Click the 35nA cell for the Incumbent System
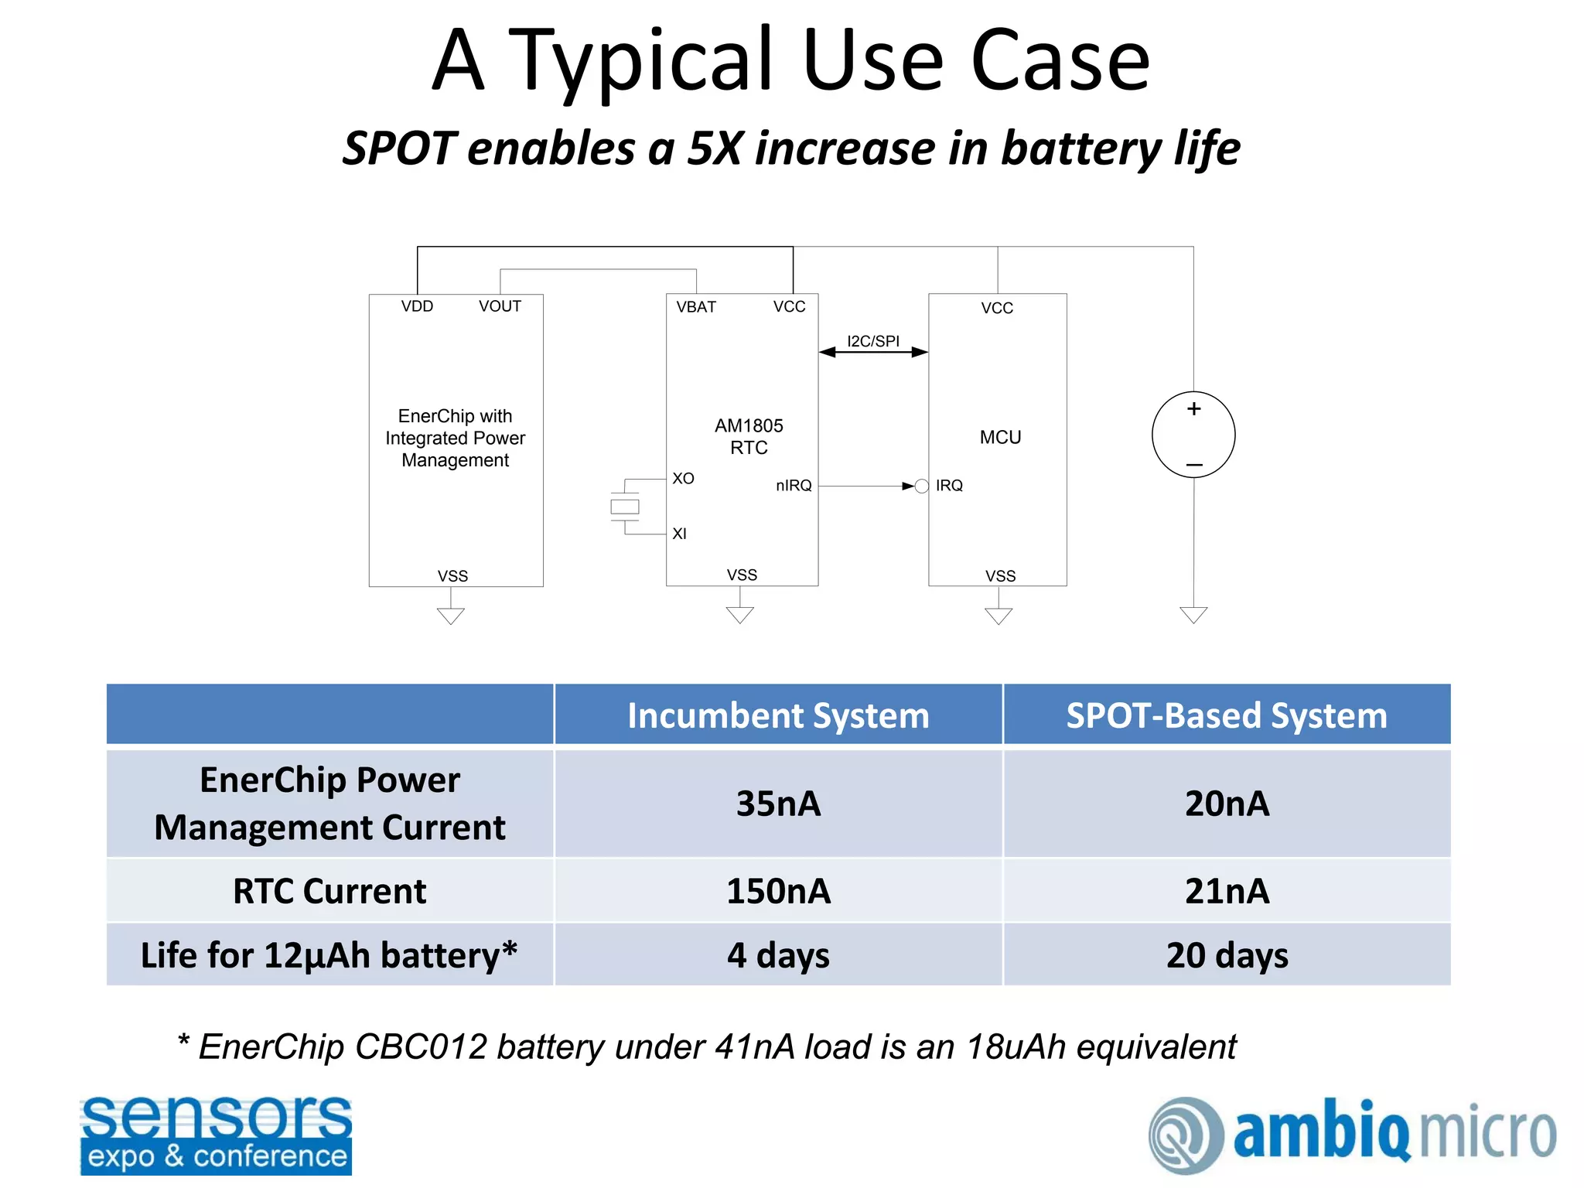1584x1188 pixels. pos(778,804)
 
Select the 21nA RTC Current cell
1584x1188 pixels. pos(1227,891)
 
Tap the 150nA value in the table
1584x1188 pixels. pos(778,891)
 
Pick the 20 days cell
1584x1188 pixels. pos(1227,955)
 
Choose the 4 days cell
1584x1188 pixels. pos(778,955)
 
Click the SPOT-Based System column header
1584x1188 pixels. pos(1227,715)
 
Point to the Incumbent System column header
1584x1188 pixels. pos(778,715)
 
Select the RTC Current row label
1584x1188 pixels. pos(329,891)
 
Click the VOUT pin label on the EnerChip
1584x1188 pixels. pos(500,306)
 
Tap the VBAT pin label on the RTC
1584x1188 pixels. pos(696,307)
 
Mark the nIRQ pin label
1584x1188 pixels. pos(794,486)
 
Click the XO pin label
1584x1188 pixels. pos(683,479)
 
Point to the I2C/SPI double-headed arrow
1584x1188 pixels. pos(873,353)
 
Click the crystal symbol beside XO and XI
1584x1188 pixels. pos(625,507)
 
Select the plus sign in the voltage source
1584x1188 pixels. pos(1194,408)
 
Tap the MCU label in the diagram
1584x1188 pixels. pos(1000,437)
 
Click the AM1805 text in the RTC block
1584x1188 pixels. pos(749,425)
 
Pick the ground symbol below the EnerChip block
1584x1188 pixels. pos(451,616)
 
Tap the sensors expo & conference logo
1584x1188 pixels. pos(216,1135)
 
